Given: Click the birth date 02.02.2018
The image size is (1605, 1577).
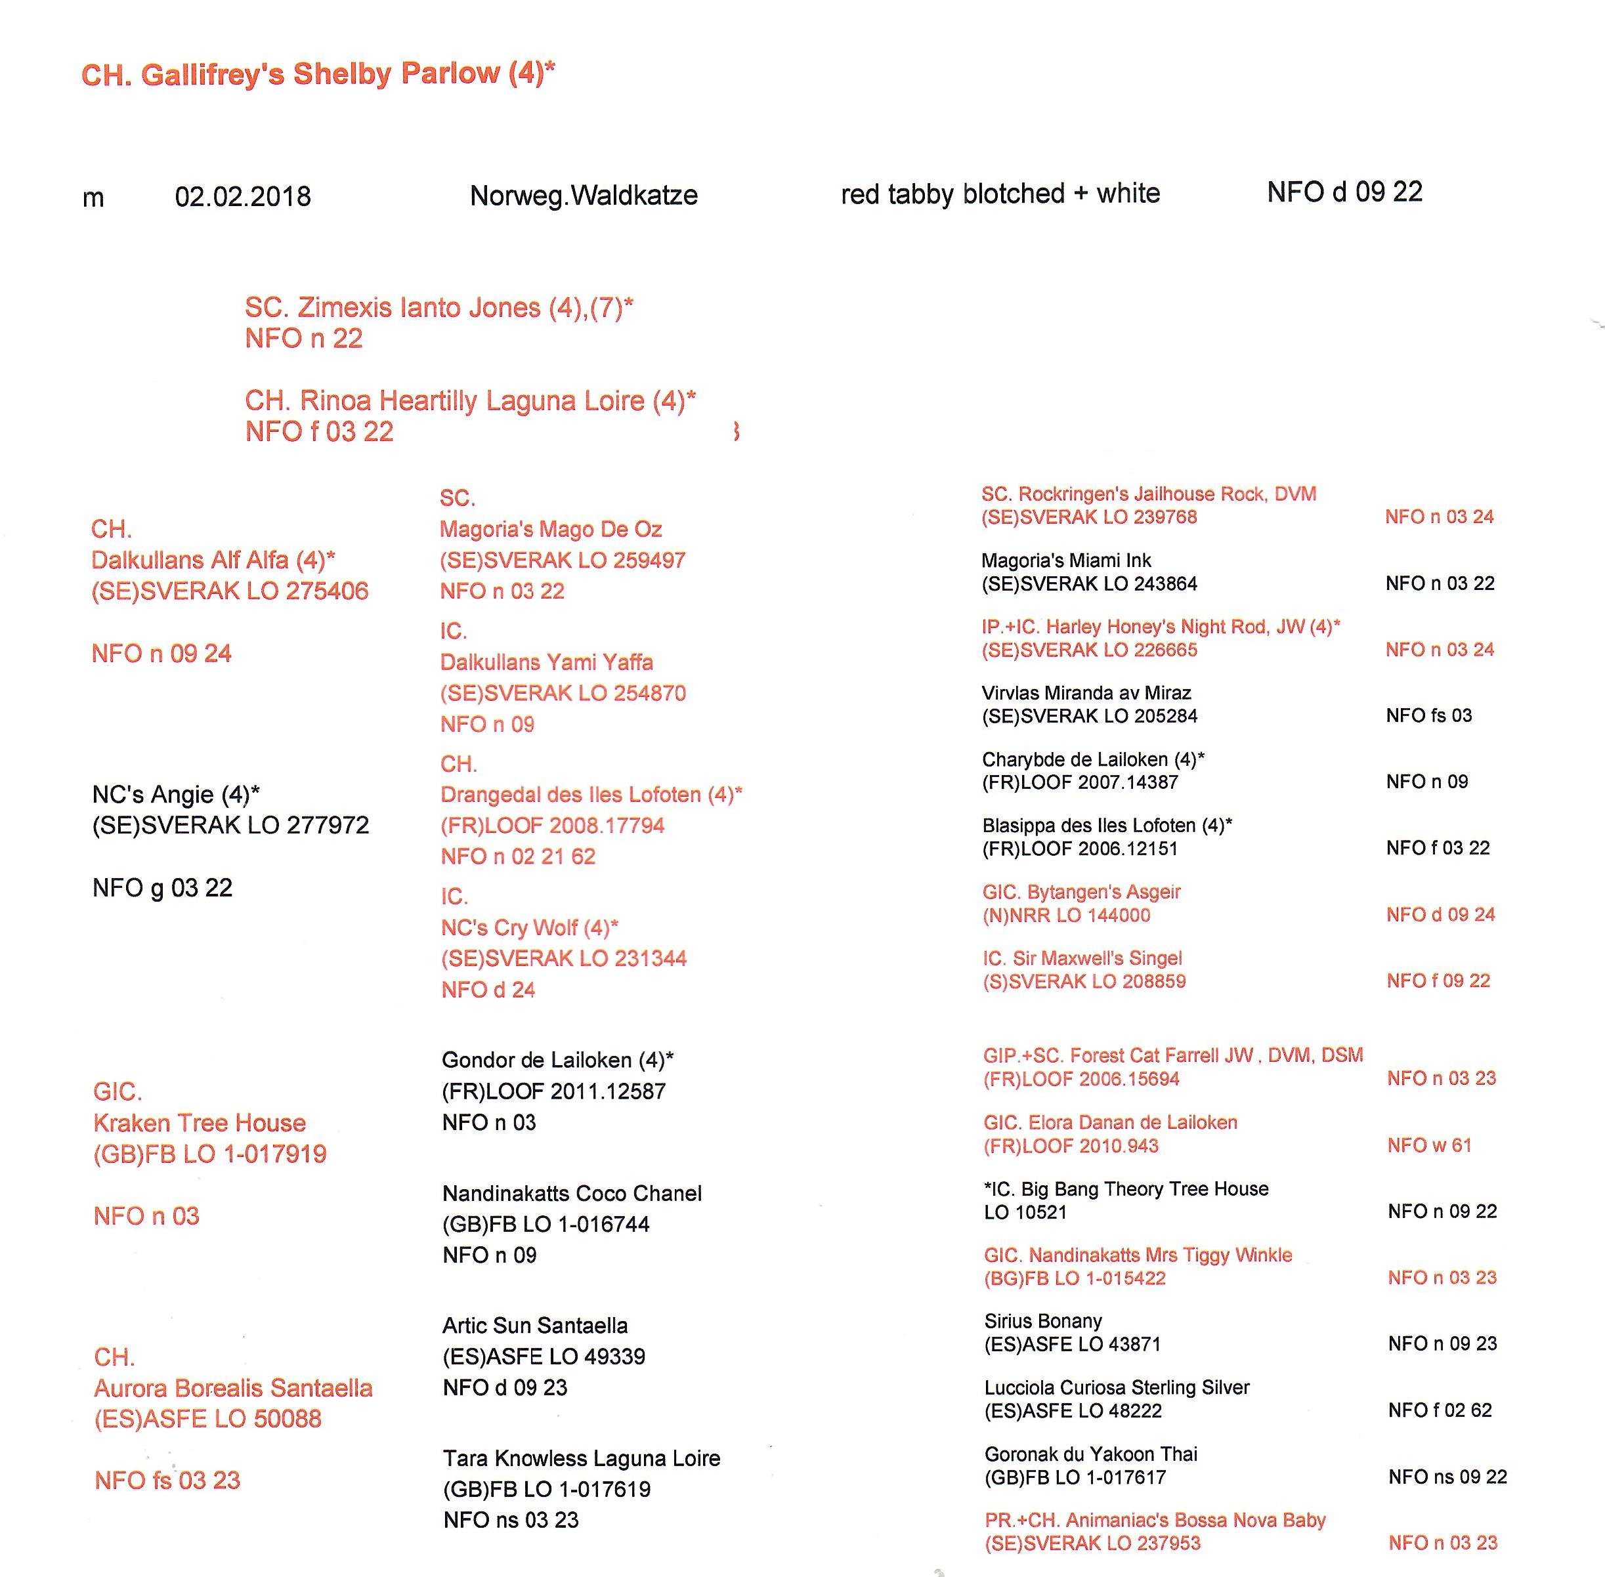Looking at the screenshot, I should point(243,196).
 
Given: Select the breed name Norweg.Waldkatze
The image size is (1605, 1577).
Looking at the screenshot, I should point(584,196).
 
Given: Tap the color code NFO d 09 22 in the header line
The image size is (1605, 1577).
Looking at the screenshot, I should point(1344,192).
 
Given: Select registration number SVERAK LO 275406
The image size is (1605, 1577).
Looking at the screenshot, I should point(230,591).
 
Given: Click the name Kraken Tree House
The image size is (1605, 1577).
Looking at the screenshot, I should point(200,1122).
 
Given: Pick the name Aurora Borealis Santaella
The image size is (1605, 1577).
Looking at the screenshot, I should point(233,1387).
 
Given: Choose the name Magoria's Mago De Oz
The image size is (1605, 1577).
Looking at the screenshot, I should point(550,528).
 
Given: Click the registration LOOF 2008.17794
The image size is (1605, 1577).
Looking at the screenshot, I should point(552,825).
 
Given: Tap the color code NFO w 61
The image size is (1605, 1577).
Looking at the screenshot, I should point(1429,1145).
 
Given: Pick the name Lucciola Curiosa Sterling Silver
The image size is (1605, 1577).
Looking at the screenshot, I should point(1116,1387).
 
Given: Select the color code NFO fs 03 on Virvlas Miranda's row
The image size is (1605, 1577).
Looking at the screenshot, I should point(1428,715).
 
